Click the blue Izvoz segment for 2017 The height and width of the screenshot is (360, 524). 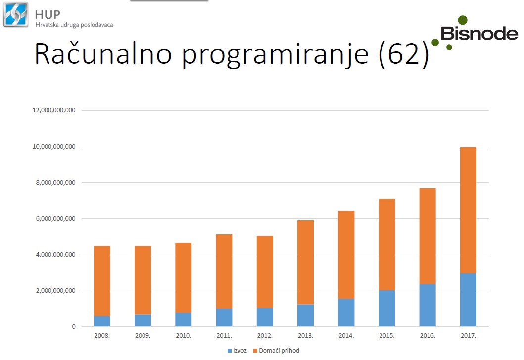pos(468,300)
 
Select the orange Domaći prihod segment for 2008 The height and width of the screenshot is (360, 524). pos(102,281)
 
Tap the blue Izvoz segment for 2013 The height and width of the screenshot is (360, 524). pos(305,315)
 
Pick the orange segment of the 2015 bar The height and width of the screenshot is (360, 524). pos(386,244)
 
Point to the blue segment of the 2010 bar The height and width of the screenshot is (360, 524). pos(184,319)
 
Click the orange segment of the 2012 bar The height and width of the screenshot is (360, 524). pos(265,272)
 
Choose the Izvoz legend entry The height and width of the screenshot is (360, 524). pos(237,350)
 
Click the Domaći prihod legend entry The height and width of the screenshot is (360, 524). pos(276,350)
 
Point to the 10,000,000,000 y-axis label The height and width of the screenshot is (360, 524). pos(54,147)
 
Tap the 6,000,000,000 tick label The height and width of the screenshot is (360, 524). pos(55,218)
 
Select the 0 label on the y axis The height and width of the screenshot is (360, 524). pos(74,326)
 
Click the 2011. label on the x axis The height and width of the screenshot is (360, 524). pos(224,335)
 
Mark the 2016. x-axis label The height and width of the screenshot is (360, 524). pos(428,335)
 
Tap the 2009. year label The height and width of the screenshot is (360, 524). pos(143,335)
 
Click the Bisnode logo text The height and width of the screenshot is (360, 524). pos(479,33)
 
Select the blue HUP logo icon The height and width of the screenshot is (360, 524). pos(16,14)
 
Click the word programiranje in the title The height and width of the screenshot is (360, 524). pos(275,54)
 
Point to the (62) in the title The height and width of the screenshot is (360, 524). pos(404,54)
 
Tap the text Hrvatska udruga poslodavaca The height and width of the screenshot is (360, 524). pos(74,25)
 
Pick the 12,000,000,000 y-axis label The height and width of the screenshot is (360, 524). pos(54,110)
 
